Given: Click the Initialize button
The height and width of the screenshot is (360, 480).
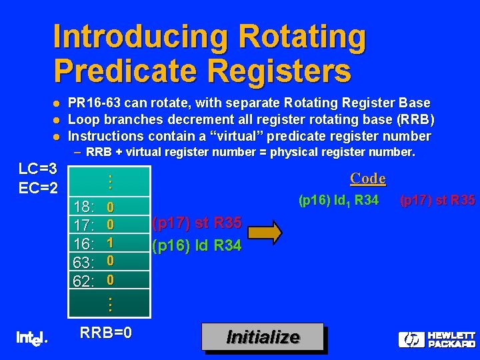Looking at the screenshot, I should click(263, 337).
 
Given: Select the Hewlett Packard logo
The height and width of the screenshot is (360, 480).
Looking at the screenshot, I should click(437, 339).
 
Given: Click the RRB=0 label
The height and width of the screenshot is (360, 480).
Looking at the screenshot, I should click(105, 333).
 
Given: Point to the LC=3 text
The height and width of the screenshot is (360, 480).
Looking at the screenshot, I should click(37, 167).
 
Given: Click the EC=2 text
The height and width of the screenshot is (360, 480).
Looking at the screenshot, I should click(37, 187).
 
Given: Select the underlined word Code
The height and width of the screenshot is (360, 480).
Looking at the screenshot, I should click(368, 179).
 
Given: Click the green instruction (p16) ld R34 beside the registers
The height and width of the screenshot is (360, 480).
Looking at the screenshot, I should click(197, 245).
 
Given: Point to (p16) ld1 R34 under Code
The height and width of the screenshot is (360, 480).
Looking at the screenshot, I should click(338, 200).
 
